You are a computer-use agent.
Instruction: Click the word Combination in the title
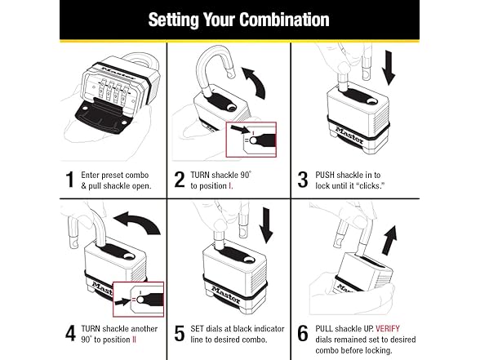tap(284, 20)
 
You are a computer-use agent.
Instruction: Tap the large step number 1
tap(70, 180)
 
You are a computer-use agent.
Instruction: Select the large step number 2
tap(180, 180)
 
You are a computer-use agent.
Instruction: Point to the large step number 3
tap(303, 180)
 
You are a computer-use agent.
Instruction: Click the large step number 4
tap(70, 333)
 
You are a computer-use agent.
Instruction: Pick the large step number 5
tap(180, 333)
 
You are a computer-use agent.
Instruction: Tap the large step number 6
tap(303, 333)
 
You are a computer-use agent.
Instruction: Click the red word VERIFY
tap(388, 328)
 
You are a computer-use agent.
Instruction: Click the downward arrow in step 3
tap(389, 68)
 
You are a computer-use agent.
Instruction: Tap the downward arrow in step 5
tap(266, 225)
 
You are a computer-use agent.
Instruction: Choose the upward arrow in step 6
tap(390, 241)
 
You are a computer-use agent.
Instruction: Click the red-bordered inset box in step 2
tap(251, 140)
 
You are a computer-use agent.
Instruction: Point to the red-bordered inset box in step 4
tap(139, 300)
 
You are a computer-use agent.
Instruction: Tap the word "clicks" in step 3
tap(370, 186)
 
